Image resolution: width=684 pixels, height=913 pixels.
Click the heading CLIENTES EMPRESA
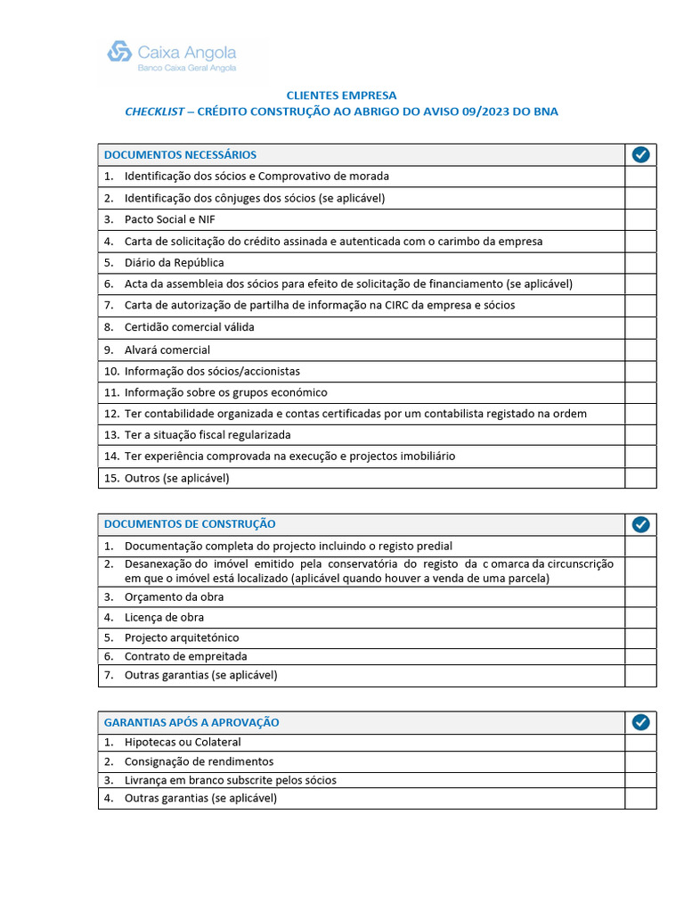pos(341,95)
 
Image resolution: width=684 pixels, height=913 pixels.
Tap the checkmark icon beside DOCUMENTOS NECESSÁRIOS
pos(640,155)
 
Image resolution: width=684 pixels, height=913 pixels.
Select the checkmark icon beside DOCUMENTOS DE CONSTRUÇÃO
pos(640,524)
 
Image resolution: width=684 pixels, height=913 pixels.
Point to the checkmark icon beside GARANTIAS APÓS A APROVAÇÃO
pos(640,722)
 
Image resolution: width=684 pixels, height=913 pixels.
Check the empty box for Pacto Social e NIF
pos(640,219)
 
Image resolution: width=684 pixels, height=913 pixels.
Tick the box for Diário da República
pos(640,263)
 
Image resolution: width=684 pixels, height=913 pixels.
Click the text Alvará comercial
pos(167,350)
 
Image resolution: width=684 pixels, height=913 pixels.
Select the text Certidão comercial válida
pos(189,327)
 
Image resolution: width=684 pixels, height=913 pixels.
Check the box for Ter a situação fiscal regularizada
pos(640,435)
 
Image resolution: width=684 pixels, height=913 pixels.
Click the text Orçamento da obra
pos(174,596)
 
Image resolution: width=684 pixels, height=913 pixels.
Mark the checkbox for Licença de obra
pos(640,617)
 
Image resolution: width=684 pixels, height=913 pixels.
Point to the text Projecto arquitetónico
pos(182,637)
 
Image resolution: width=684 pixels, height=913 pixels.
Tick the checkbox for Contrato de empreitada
pos(640,656)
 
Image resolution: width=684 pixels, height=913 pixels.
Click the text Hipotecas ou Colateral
pos(183,742)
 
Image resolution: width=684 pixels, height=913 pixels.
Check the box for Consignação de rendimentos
pos(640,761)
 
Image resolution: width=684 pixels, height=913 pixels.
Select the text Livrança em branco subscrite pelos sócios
pos(231,780)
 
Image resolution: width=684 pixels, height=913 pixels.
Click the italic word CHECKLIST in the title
pos(154,111)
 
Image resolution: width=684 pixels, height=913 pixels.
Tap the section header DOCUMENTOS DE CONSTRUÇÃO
pos(190,524)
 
